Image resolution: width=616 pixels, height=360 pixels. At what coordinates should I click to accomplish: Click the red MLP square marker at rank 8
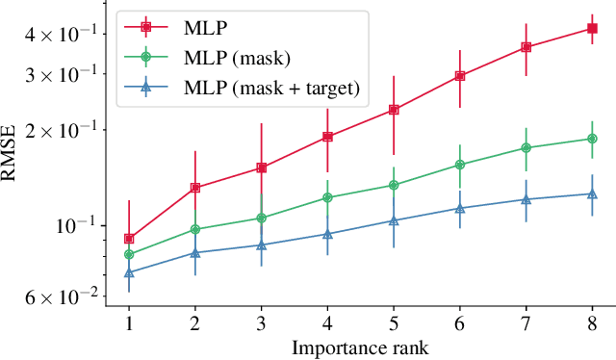coord(592,29)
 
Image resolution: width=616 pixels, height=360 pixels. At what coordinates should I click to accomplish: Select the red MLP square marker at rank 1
coord(129,238)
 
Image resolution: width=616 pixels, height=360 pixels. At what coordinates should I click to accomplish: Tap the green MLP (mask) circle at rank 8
coord(592,139)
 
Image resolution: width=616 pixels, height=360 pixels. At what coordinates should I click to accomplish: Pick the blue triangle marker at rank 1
coord(129,272)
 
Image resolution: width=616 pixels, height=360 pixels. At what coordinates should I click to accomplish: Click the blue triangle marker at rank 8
coord(592,193)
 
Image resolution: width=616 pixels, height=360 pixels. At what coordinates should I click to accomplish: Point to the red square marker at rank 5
coord(394,110)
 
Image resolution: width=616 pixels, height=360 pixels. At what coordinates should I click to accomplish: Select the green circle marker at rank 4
coord(327,197)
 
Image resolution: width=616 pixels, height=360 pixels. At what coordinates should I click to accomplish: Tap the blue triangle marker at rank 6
coord(460,208)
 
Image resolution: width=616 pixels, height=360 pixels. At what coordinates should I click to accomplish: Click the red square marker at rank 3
coord(261,167)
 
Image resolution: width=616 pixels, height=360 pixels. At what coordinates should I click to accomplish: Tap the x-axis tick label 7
coord(526,323)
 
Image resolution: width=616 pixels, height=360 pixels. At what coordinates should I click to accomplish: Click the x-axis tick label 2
coord(195,323)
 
